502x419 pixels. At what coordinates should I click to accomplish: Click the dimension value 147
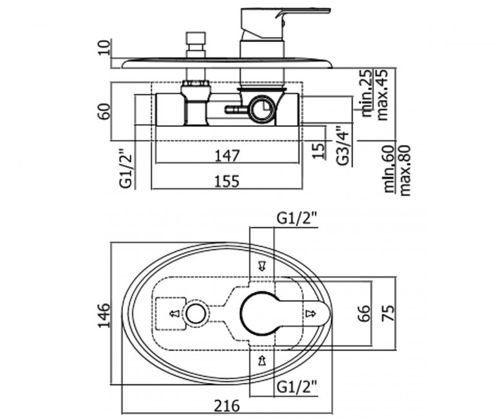[x=227, y=155]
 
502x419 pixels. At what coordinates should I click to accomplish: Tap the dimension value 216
[x=227, y=405]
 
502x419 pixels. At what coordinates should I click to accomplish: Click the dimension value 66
[x=365, y=314]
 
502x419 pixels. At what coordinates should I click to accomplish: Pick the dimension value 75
[x=387, y=314]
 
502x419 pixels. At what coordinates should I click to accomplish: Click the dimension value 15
[x=317, y=151]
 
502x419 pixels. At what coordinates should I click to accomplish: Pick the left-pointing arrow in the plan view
[x=174, y=314]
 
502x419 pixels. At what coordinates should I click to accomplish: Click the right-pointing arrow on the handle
[x=311, y=314]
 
